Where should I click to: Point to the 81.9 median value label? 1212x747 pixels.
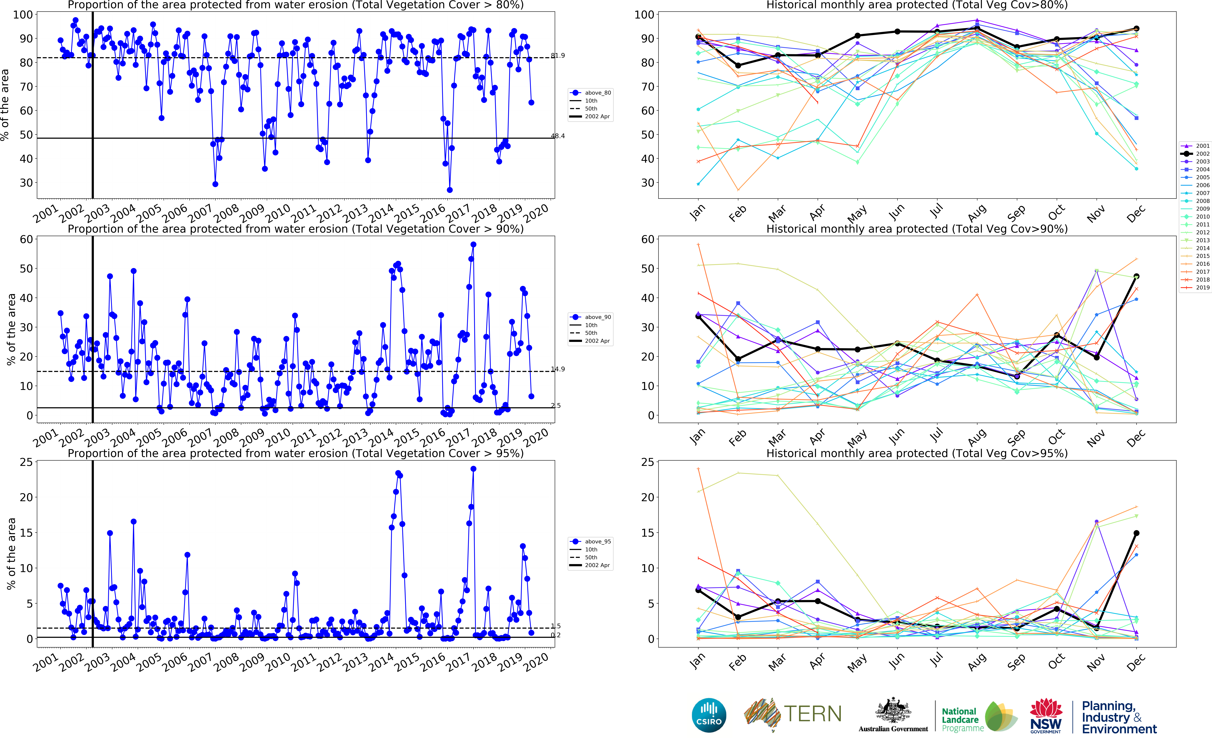558,55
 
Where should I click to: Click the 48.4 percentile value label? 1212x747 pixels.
558,136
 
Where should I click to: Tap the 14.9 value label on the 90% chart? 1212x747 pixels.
558,369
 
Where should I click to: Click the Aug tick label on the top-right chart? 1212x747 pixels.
976,213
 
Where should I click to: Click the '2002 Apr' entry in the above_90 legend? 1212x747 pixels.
597,341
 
